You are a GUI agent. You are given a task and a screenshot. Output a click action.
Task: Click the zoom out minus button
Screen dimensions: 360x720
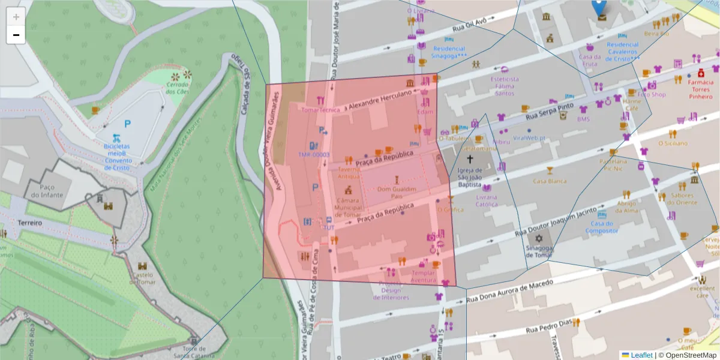[16, 35]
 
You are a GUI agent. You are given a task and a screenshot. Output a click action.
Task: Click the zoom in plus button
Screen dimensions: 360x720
[16, 17]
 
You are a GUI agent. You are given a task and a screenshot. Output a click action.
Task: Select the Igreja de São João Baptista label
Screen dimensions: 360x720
[470, 181]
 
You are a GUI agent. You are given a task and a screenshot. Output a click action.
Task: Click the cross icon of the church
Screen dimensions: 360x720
[470, 160]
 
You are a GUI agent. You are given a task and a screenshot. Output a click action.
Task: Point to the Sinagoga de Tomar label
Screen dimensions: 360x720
[538, 251]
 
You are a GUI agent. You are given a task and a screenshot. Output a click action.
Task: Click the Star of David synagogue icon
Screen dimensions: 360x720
[539, 238]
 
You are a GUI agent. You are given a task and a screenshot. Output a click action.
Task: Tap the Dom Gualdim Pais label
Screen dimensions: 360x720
[396, 193]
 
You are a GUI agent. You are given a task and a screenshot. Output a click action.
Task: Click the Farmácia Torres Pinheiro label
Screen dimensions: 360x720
[700, 89]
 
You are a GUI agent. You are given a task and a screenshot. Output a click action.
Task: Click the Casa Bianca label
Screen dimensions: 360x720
[550, 181]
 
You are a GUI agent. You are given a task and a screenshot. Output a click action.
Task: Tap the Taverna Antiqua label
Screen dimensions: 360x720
[349, 173]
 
